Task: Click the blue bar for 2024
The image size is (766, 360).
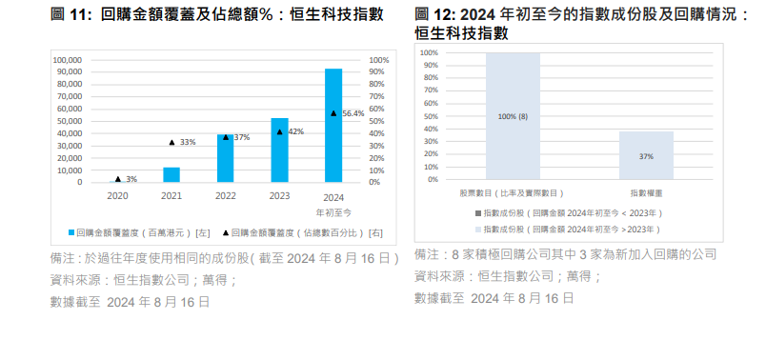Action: coord(333,125)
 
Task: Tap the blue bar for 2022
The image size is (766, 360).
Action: coord(225,158)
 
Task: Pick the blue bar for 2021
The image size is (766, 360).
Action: coord(171,174)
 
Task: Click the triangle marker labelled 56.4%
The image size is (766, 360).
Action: coord(333,113)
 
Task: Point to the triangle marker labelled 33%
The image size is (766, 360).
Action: coord(171,142)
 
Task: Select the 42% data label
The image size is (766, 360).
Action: coord(295,131)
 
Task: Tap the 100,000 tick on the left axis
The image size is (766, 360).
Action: coord(67,60)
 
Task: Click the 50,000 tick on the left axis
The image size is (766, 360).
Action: coord(69,121)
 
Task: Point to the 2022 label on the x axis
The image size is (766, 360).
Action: coord(225,195)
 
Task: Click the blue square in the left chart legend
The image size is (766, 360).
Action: coord(71,231)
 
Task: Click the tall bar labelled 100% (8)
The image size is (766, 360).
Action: coord(512,116)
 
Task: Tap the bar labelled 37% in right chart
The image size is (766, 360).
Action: coord(646,155)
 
